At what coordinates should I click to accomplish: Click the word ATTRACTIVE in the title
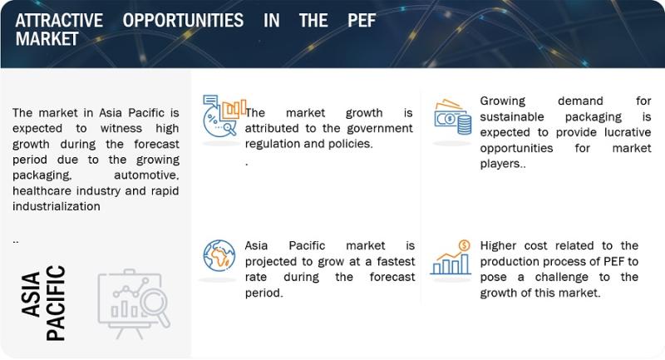[x=59, y=20]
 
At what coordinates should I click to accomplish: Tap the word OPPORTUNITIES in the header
[x=183, y=20]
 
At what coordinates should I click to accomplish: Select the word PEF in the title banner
[x=362, y=20]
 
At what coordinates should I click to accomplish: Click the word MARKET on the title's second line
[x=47, y=39]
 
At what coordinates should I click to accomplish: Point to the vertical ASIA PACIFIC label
[x=44, y=303]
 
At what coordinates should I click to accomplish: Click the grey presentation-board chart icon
[x=134, y=303]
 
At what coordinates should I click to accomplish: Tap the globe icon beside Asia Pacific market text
[x=219, y=255]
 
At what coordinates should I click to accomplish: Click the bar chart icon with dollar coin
[x=451, y=258]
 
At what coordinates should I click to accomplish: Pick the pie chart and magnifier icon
[x=224, y=116]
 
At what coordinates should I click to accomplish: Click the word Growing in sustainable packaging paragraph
[x=503, y=101]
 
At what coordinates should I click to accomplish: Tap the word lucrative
[x=628, y=132]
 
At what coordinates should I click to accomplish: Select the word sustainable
[x=512, y=116]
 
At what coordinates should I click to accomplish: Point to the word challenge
[x=562, y=277]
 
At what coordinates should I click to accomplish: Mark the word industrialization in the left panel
[x=57, y=206]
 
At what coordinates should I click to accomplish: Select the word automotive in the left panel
[x=146, y=175]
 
